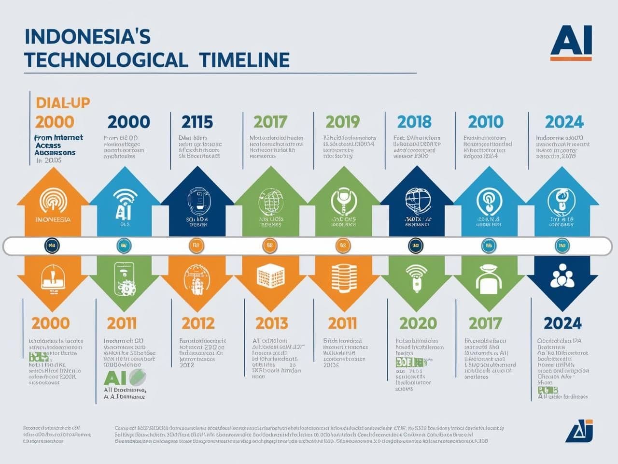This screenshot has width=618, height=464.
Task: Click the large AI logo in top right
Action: coord(571,42)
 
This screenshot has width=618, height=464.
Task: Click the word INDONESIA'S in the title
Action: coord(87,37)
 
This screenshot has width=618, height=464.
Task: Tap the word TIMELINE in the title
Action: coord(244,60)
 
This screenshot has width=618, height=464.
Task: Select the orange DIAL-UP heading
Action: coord(63,102)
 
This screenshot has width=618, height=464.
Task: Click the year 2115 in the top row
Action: coord(197,122)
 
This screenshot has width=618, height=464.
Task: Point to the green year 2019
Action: coord(342,122)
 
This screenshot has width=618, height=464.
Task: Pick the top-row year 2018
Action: coord(414,122)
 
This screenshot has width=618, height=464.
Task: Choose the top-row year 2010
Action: coord(485,122)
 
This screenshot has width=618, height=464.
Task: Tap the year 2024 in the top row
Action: coord(564,122)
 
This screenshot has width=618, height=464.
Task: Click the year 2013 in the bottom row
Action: coord(271,323)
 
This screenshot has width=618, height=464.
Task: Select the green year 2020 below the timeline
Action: coord(418,323)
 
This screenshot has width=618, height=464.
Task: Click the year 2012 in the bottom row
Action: coord(198,323)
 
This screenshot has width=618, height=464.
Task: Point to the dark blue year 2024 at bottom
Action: coord(562,323)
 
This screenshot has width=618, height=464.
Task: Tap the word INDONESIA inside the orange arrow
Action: coord(53,219)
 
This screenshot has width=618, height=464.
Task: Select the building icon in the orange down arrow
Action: coord(270,276)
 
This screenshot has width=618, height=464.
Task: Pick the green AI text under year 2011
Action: coord(115,378)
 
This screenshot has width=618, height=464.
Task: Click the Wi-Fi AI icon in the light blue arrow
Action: coord(125,203)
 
